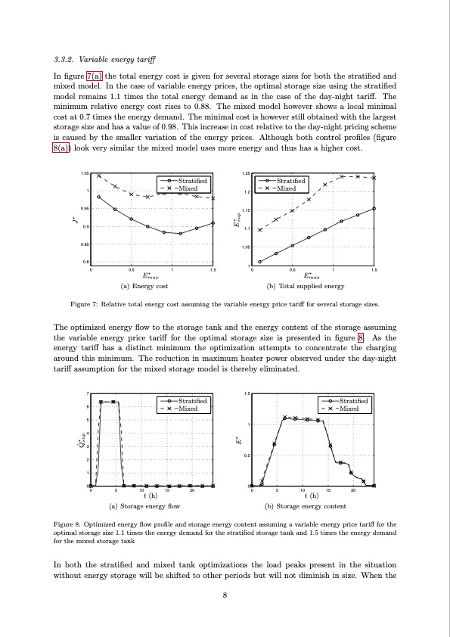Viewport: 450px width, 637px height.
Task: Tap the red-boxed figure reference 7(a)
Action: pos(95,76)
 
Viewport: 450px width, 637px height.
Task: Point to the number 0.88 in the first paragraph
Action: pos(222,107)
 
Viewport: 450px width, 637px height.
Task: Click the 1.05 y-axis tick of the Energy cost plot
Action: pos(84,174)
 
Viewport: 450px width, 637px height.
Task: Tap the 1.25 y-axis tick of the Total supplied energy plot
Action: pos(246,174)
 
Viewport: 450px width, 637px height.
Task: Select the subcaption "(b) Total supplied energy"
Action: pos(306,287)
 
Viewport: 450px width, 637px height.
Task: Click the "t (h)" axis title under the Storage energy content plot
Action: pos(306,496)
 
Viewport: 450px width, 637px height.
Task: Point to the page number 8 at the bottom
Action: pos(225,595)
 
